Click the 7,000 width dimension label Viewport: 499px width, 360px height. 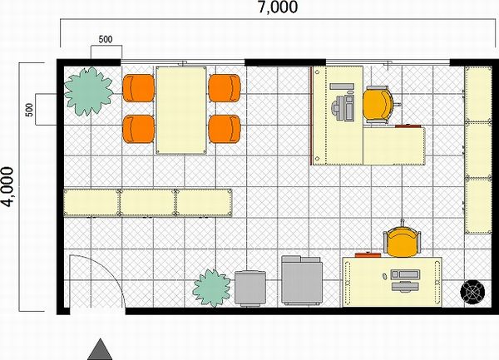[x=278, y=7]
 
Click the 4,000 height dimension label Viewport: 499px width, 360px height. [x=8, y=187]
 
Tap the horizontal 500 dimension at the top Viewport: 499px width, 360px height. [x=106, y=39]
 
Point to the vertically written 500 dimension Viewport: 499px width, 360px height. [x=29, y=110]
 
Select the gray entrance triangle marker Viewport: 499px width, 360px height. [x=100, y=349]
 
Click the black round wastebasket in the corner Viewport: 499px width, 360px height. [x=472, y=292]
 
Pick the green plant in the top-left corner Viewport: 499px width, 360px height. [x=88, y=91]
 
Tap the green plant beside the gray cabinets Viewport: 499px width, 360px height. [x=212, y=288]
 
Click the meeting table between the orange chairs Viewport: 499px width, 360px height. [x=181, y=110]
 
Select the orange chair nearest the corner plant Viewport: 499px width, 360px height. [x=139, y=88]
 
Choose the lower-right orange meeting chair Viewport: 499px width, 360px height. [x=225, y=129]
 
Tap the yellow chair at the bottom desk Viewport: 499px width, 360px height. [x=403, y=241]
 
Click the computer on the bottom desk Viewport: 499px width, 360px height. [x=404, y=280]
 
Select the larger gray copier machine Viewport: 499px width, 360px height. [x=302, y=280]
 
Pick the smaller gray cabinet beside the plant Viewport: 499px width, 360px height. [x=250, y=288]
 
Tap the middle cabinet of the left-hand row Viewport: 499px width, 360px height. [x=148, y=203]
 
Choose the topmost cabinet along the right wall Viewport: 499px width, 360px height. [x=478, y=94]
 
